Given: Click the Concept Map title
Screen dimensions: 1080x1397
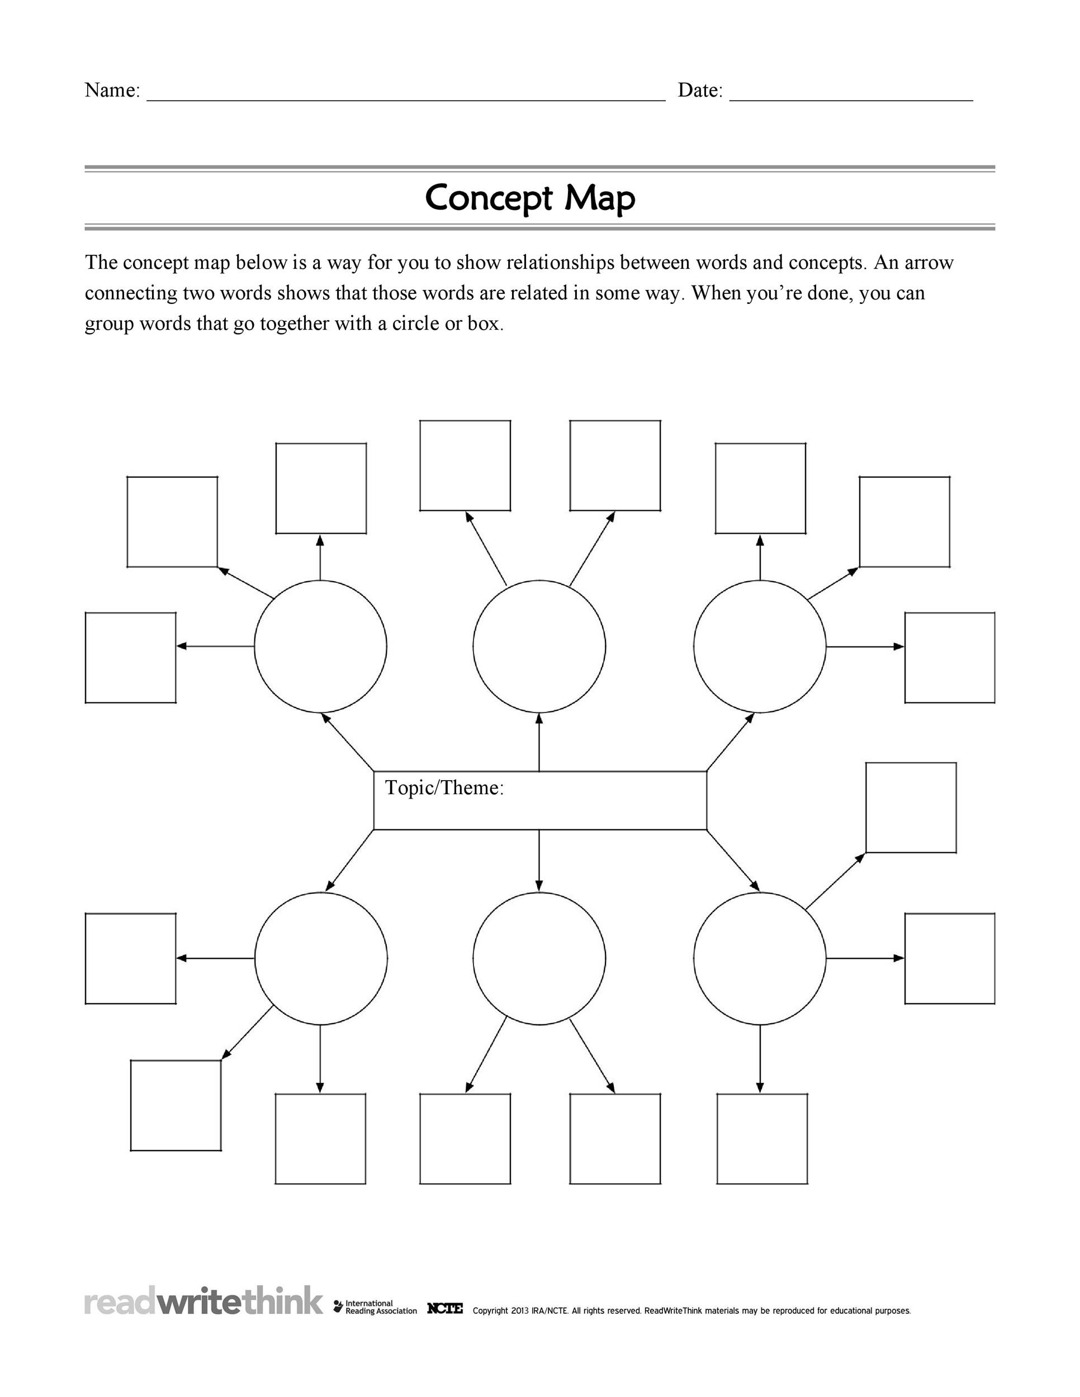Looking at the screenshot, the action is pos(530,198).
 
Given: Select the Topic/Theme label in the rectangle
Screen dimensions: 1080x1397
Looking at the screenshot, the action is pos(444,788).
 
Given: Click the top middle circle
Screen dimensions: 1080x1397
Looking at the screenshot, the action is pos(539,646).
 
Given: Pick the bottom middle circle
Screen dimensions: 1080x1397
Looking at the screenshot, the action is pos(539,958).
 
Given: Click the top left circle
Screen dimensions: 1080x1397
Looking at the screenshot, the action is pos(320,646).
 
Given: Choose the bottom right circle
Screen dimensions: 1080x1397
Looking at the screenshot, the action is pos(760,958).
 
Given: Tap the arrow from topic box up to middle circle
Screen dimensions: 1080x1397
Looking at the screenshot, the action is pos(539,742).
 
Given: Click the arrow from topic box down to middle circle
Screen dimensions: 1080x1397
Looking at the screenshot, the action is pos(539,861).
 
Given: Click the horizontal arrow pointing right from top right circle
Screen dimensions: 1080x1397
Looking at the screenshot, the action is pos(865,647).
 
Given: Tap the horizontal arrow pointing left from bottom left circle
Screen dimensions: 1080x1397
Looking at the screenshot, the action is pos(215,958).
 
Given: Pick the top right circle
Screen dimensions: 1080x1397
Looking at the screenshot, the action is pos(760,646).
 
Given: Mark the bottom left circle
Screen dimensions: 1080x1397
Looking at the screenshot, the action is pos(320,958).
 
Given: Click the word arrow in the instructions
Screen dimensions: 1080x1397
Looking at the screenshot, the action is pos(929,263).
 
